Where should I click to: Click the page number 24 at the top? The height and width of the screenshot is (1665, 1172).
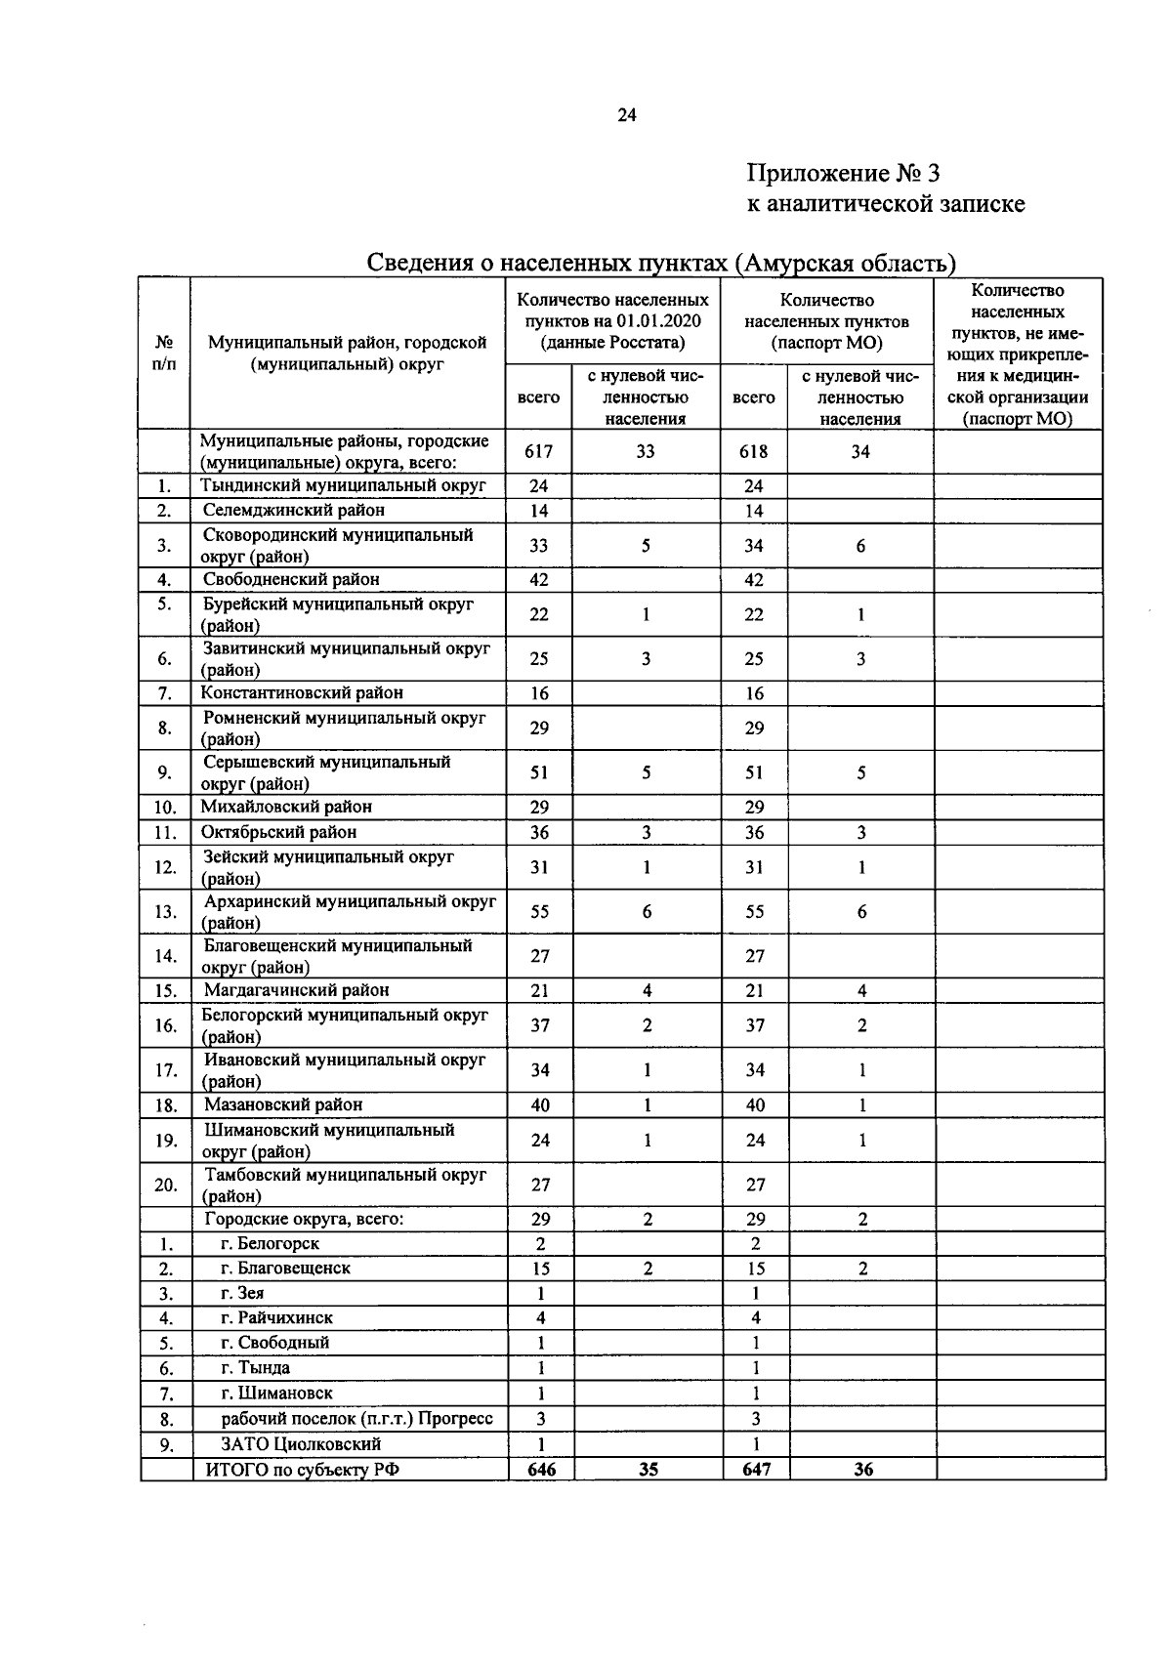[x=626, y=115]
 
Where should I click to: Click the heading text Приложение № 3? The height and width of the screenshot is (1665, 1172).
[x=842, y=174]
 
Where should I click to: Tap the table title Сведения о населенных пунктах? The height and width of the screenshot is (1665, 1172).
[x=660, y=263]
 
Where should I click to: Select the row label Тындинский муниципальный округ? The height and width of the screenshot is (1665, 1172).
[x=343, y=485]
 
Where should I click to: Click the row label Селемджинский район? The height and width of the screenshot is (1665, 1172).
[x=294, y=510]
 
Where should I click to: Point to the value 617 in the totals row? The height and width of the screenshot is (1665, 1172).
[x=538, y=451]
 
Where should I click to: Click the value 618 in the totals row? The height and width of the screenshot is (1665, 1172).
[x=753, y=451]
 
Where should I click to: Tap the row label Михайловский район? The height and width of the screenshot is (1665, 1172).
[x=286, y=807]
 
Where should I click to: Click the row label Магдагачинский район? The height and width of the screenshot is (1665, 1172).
[x=296, y=990]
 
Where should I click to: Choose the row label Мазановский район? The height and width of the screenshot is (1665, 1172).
[x=283, y=1104]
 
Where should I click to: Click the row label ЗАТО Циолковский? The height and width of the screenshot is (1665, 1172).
[x=301, y=1443]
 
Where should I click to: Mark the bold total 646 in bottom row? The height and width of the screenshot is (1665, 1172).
[x=541, y=1469]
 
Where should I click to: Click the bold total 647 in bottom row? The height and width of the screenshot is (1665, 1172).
[x=756, y=1469]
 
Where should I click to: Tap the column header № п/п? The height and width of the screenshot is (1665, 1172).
[x=164, y=353]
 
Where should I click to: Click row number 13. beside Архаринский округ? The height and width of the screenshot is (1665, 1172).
[x=166, y=912]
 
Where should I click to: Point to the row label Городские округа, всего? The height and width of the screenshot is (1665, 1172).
[x=304, y=1219]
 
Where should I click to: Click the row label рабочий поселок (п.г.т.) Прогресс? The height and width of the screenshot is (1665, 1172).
[x=356, y=1418]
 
